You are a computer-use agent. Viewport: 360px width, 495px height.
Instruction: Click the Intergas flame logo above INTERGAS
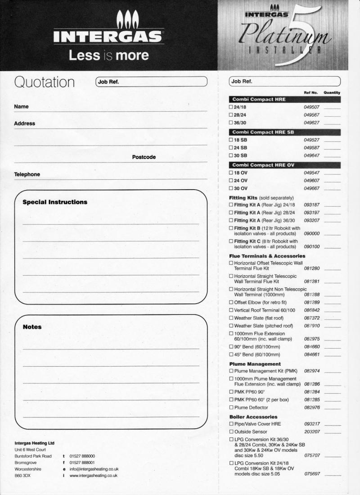(x=128, y=20)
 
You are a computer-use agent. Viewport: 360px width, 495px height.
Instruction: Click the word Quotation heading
(x=45, y=82)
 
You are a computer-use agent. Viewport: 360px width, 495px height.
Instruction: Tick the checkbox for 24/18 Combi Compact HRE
(x=231, y=107)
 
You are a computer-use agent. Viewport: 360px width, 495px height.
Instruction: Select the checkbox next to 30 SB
(x=231, y=155)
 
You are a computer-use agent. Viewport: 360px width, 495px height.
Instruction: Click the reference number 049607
(x=311, y=181)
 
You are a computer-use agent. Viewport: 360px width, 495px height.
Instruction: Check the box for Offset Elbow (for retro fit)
(x=231, y=302)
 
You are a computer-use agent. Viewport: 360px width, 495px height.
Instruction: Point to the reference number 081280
(x=311, y=268)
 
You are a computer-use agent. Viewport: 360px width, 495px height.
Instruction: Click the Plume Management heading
(x=255, y=364)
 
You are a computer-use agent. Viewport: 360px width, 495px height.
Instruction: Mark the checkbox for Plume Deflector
(x=231, y=408)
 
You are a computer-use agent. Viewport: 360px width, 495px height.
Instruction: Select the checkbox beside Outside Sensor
(x=231, y=432)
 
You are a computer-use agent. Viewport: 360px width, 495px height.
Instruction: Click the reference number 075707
(x=311, y=456)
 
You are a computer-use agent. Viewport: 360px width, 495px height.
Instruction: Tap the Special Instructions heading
(x=55, y=202)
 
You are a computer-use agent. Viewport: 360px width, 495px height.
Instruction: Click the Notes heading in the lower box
(x=32, y=327)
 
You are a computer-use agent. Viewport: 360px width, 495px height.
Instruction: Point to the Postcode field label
(x=144, y=157)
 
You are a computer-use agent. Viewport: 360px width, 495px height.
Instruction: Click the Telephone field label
(x=27, y=174)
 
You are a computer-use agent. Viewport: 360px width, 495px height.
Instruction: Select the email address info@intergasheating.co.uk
(x=94, y=469)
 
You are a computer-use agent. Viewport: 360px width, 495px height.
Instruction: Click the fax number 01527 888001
(x=82, y=463)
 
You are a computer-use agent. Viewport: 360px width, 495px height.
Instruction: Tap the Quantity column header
(x=332, y=92)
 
